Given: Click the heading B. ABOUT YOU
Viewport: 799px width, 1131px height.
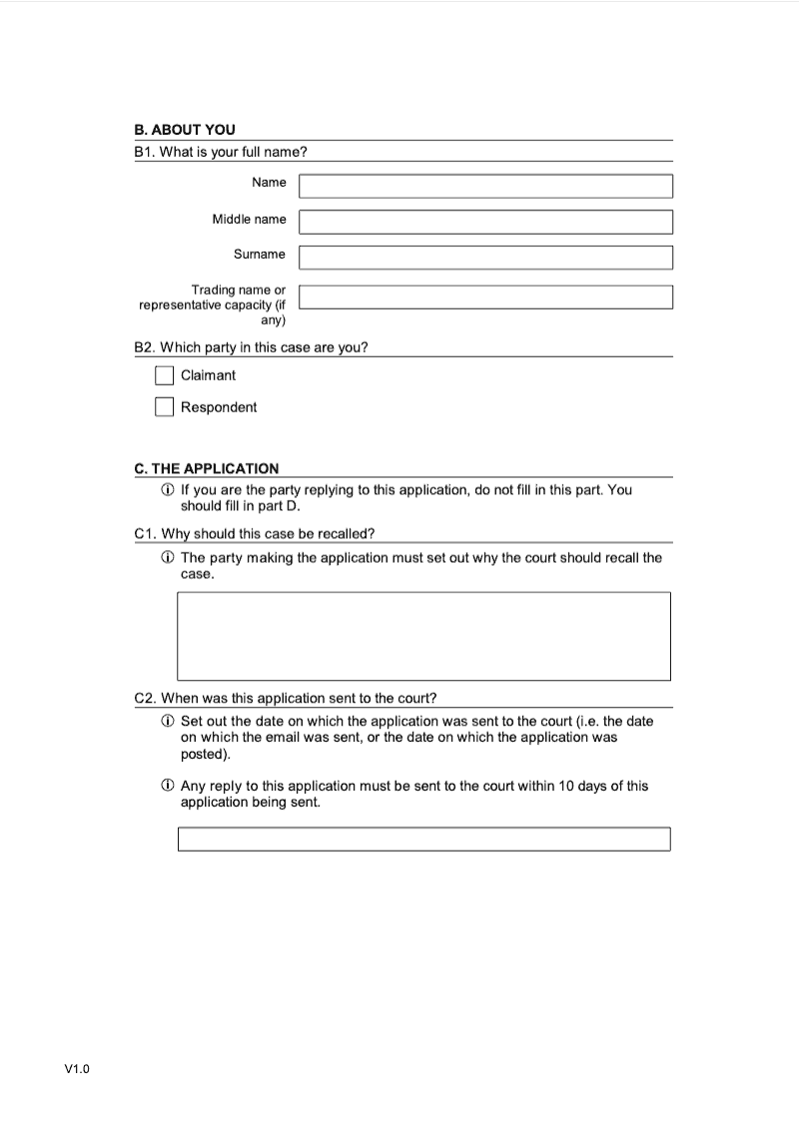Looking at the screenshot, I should point(185,130).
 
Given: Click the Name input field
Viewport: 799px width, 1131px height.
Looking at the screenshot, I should point(485,187).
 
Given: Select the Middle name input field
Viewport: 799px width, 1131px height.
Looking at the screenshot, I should point(485,222).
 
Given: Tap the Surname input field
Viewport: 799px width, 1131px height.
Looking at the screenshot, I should point(485,258).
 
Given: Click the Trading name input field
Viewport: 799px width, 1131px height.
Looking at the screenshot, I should point(485,297).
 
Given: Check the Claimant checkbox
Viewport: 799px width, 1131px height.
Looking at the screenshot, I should point(165,375).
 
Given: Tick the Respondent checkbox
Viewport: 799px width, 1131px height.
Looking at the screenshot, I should point(165,407).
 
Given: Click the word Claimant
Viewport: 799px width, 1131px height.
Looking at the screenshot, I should point(208,375).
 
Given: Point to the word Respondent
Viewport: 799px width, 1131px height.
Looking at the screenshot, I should point(219,407).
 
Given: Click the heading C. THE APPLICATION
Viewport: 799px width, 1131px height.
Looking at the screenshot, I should point(207,468).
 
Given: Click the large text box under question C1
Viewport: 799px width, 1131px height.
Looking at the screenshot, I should point(423,636).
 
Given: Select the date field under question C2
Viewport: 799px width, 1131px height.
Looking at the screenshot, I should point(423,839).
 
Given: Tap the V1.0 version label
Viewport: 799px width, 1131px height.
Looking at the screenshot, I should point(77,1069).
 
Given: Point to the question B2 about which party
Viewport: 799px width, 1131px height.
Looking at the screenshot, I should point(251,347).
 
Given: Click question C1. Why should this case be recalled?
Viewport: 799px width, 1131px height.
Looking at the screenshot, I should point(254,533).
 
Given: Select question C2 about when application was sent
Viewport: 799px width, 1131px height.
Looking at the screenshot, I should point(285,698).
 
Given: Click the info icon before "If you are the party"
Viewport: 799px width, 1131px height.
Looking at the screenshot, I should point(168,490).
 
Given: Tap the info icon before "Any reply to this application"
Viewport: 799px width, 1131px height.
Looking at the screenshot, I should point(168,787).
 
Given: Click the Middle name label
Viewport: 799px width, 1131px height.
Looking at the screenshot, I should point(249,219).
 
